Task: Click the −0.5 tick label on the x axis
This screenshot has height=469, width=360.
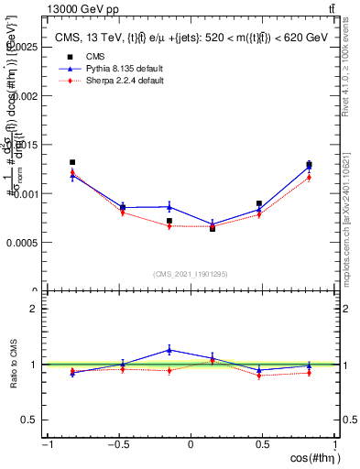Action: click(x=117, y=444)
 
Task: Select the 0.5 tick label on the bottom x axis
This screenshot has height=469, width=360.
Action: click(x=262, y=444)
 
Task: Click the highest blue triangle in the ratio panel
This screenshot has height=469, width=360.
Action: click(x=169, y=349)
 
